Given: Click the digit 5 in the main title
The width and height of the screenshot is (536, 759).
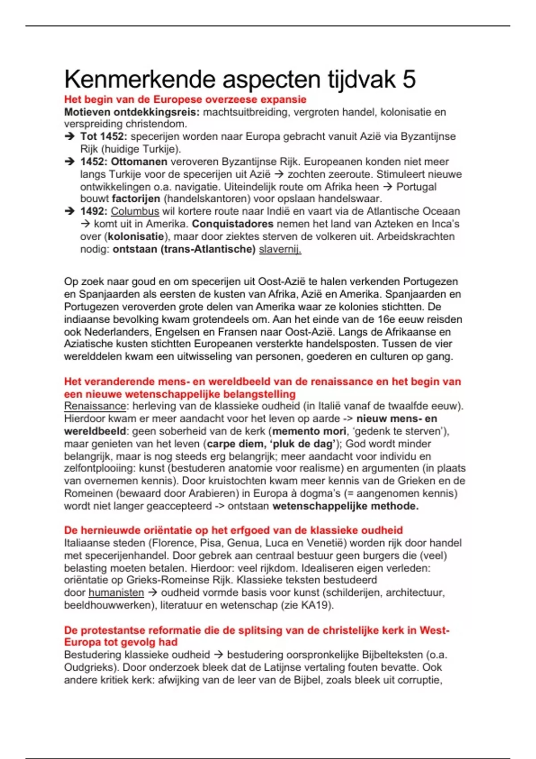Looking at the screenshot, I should point(409,79).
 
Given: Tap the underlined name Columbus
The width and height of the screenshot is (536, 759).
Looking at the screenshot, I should point(135,211).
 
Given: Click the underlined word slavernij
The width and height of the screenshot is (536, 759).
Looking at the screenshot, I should point(280,249).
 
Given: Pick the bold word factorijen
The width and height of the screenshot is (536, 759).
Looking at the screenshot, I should point(136,199).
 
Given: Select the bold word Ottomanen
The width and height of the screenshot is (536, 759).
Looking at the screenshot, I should point(139,162).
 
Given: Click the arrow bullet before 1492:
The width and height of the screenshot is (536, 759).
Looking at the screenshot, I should point(69,211).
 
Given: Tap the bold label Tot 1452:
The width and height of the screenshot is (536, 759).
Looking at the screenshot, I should point(104,137).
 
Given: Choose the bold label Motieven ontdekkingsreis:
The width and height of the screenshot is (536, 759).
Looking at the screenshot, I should point(132,112).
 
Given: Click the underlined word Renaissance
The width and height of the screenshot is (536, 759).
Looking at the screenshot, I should point(95,406).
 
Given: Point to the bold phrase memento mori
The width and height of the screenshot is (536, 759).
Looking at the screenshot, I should point(309,431).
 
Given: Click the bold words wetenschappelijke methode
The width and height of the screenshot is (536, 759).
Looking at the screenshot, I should point(345,506).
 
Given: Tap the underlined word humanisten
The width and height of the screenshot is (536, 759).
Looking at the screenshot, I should point(116,592).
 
